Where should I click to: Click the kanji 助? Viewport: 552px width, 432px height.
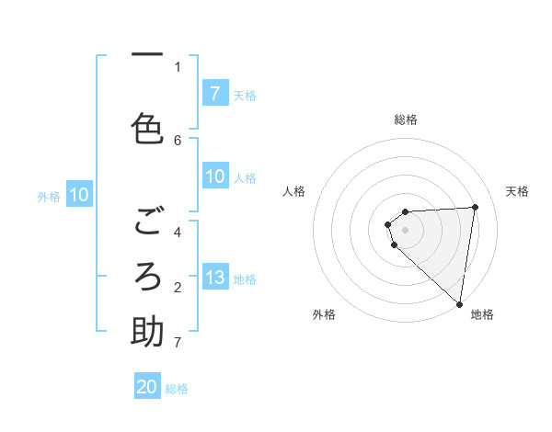[147, 332]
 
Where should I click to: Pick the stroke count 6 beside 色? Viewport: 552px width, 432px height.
[178, 140]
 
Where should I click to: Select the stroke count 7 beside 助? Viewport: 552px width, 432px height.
[178, 343]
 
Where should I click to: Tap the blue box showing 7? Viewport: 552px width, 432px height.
[214, 94]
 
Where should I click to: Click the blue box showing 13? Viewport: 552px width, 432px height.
[214, 278]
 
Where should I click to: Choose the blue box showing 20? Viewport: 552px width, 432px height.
[147, 387]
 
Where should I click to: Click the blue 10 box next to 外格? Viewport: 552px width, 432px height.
[79, 195]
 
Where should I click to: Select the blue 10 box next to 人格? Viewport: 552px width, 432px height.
[214, 176]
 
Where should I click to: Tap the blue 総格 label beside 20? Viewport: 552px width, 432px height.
[177, 389]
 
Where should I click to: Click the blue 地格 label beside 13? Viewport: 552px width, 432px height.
[245, 279]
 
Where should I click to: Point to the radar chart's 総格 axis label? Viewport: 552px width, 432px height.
[406, 119]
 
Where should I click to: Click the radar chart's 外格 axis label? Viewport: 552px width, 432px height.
[324, 314]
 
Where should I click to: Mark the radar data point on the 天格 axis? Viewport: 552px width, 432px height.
[475, 207]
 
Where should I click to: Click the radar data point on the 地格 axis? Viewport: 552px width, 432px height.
[460, 302]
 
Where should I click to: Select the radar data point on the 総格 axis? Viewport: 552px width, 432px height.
[405, 212]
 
